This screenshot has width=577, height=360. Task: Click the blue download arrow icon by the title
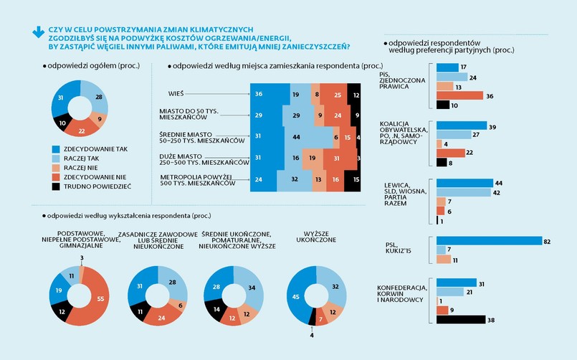37,32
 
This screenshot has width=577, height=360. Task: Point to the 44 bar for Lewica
464,183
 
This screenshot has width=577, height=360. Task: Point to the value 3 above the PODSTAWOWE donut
82,257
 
